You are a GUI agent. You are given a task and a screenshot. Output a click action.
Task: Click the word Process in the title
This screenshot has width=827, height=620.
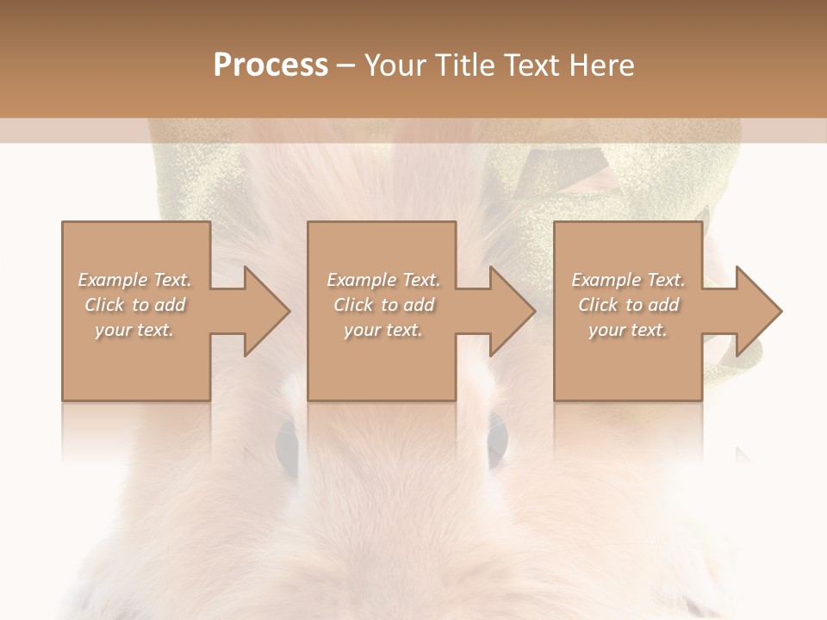(270, 65)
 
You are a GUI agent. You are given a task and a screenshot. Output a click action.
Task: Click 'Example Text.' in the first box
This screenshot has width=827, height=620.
(134, 280)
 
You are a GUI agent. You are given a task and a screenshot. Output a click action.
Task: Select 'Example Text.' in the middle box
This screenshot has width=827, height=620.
(382, 280)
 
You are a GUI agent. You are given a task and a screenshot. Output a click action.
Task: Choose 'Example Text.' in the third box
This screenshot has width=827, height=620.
(628, 280)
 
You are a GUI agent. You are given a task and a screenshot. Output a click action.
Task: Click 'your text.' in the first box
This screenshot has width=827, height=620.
(134, 330)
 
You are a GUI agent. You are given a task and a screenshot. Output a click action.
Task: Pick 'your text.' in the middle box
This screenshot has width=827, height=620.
(382, 330)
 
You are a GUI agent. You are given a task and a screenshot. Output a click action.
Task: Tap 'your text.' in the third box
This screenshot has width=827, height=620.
(628, 330)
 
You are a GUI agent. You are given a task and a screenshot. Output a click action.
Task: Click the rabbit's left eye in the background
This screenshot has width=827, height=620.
(288, 443)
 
